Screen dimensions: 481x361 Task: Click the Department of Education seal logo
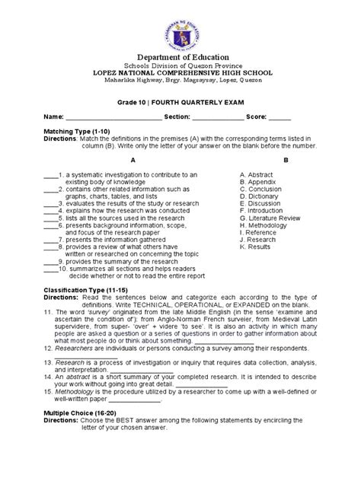(x=180, y=34)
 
